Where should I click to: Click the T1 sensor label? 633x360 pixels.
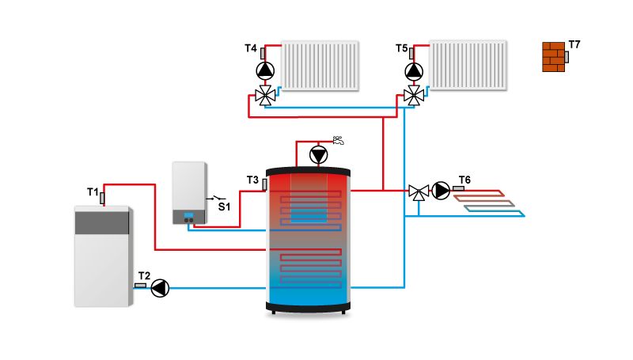tap(92, 191)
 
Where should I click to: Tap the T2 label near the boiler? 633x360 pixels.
tap(142, 276)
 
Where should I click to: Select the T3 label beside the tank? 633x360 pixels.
tap(252, 180)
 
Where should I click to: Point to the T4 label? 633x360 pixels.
tap(251, 49)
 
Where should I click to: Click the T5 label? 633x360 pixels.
tap(402, 49)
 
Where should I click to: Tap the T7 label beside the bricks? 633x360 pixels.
tap(574, 44)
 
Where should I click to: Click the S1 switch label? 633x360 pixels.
tap(224, 207)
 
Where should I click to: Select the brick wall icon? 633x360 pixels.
tap(554, 57)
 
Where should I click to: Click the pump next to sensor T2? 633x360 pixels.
tap(161, 287)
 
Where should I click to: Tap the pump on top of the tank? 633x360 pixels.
tap(318, 154)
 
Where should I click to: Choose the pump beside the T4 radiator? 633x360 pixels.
tap(265, 71)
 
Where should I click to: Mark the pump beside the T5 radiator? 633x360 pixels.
tap(414, 71)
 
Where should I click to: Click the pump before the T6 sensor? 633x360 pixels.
tap(442, 190)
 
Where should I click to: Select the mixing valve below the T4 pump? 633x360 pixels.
tap(265, 97)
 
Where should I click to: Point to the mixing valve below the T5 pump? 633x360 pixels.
tap(413, 96)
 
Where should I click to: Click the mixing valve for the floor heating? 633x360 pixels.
tap(418, 191)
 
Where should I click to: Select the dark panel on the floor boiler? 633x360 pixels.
tap(102, 222)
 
